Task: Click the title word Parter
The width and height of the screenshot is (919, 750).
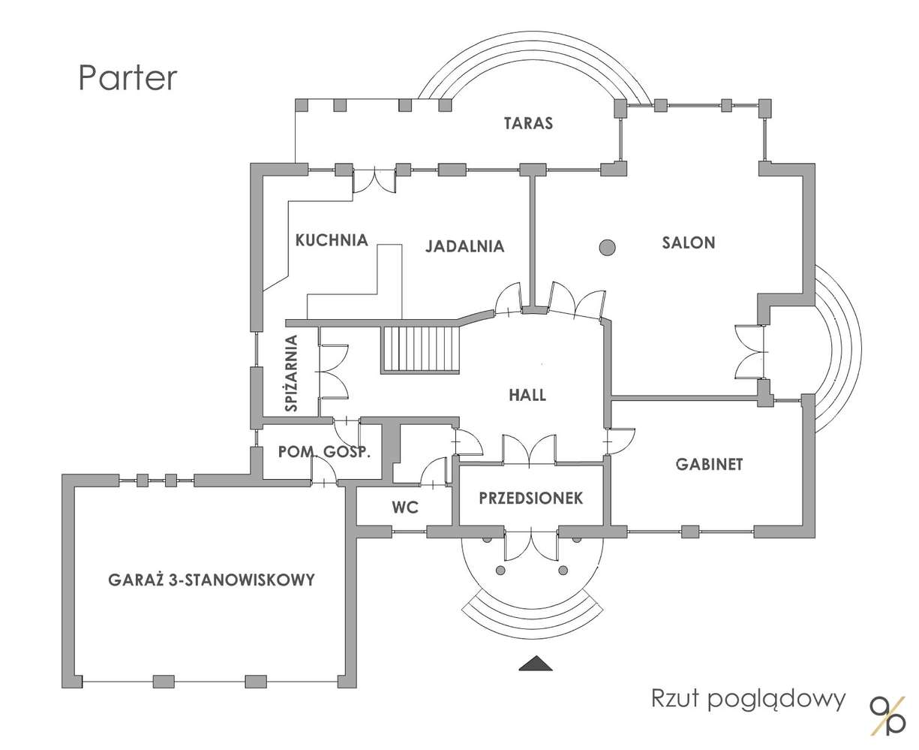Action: [128, 78]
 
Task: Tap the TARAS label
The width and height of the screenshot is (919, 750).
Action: [528, 123]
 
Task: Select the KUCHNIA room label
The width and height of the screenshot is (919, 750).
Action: [332, 240]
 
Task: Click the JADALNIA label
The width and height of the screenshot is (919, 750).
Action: [464, 246]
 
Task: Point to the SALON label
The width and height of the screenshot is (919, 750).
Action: [688, 242]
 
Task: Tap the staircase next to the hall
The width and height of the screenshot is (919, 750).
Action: [419, 349]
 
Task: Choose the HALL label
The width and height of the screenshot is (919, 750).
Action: [527, 395]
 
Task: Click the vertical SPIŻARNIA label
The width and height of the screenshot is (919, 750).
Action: [292, 373]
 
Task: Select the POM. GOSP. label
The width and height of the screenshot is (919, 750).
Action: [324, 452]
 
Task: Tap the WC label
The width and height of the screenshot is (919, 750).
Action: [404, 508]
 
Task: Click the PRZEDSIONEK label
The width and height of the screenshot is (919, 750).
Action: [530, 498]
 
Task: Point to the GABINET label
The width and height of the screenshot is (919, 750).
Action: [709, 464]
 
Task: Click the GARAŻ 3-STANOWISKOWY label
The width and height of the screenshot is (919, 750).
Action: [211, 580]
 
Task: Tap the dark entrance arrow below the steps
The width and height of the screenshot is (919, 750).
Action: [536, 662]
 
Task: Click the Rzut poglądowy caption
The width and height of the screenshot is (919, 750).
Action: [748, 699]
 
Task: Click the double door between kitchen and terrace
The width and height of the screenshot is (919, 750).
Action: [374, 181]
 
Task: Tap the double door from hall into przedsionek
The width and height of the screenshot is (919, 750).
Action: [530, 450]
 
